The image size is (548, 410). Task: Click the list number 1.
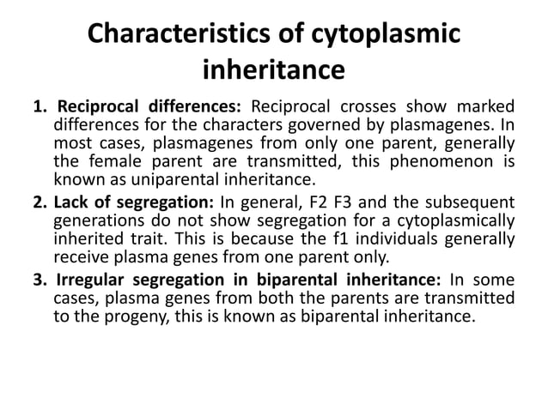pyautogui.click(x=39, y=106)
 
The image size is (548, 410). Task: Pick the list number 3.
pyautogui.click(x=39, y=280)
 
